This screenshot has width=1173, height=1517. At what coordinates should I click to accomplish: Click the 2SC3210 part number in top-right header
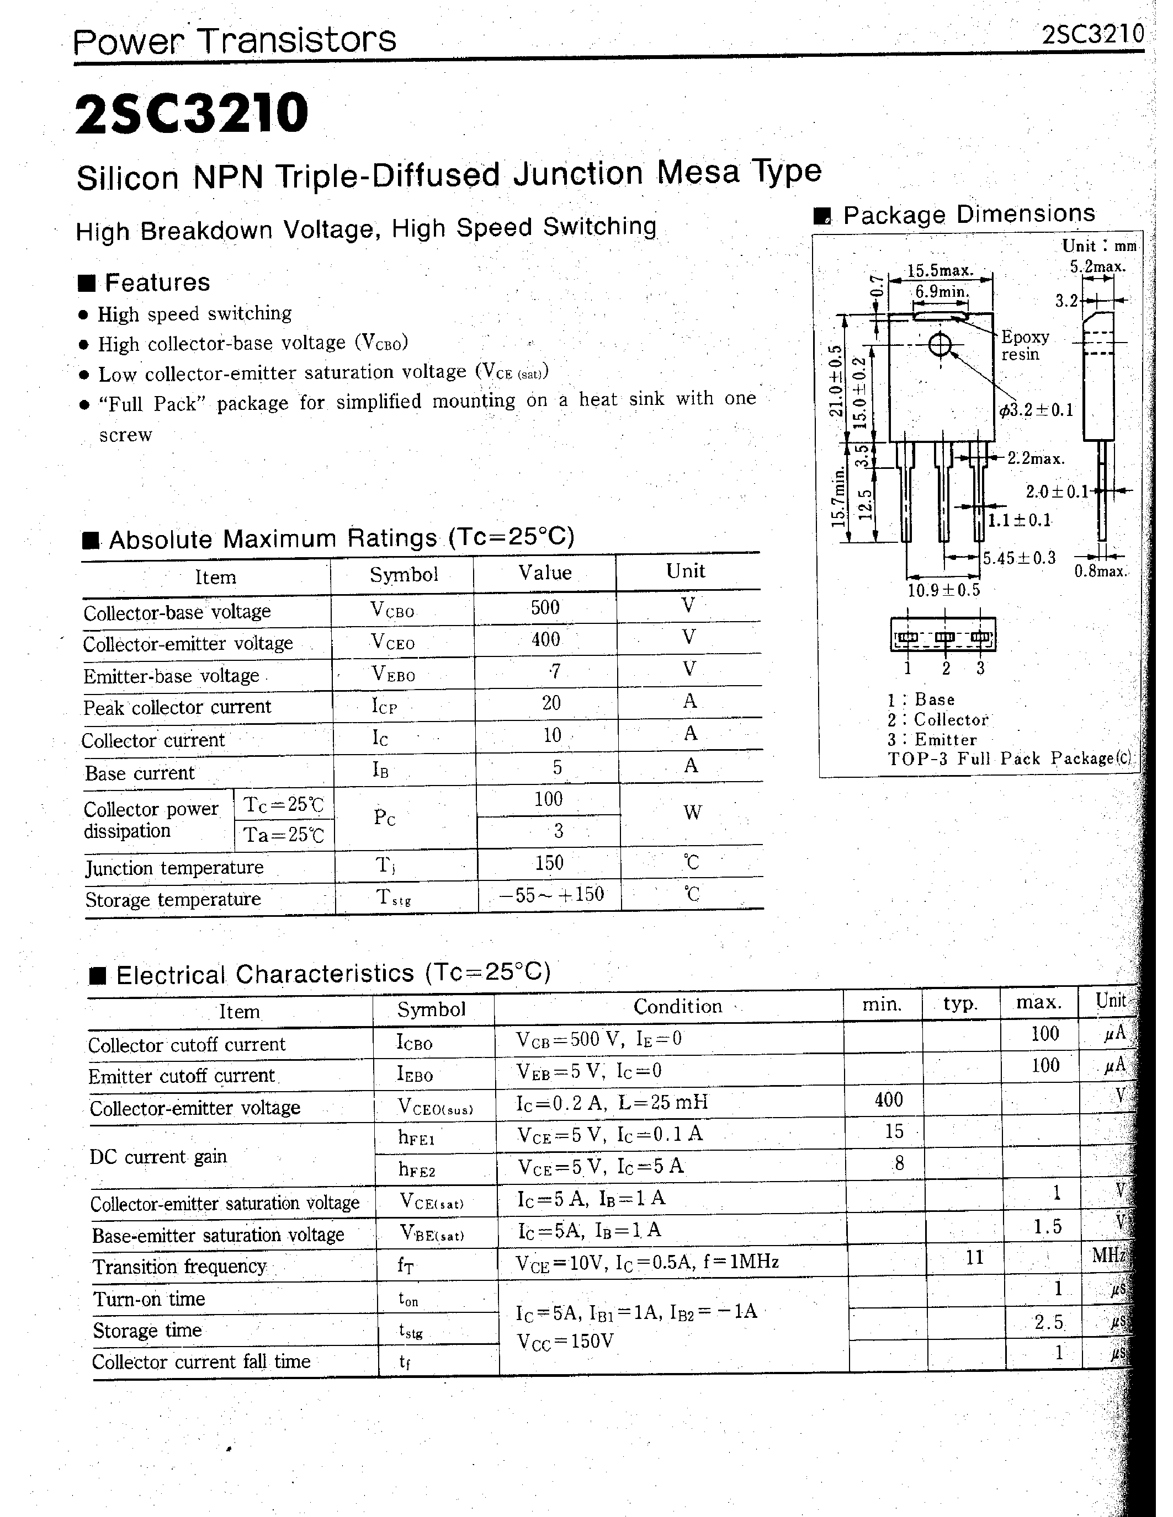(1092, 34)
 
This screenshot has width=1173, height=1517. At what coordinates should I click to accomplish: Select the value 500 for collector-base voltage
(545, 608)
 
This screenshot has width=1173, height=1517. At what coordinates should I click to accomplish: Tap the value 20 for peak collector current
(551, 703)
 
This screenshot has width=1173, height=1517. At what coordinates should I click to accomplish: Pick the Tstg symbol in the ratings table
(394, 898)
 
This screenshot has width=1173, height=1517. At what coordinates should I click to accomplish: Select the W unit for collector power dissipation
(692, 813)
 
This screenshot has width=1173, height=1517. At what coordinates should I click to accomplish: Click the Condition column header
(677, 1007)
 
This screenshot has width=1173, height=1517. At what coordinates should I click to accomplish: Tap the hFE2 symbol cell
(417, 1169)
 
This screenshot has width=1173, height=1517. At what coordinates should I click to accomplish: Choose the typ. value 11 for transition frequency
(974, 1257)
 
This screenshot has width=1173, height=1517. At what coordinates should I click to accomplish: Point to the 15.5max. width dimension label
(940, 270)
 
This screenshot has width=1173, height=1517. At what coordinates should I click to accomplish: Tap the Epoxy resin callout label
(1025, 345)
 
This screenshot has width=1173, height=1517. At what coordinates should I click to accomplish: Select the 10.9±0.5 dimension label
(943, 590)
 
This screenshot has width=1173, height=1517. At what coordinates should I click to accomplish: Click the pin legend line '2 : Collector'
(937, 719)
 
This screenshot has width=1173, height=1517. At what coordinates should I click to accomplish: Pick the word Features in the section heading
(157, 282)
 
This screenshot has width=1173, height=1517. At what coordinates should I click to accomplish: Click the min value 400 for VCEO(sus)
(888, 1099)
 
